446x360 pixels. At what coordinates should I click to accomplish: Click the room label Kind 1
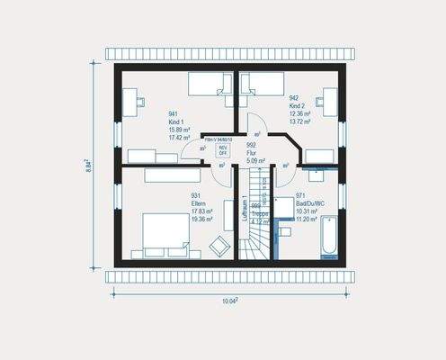pos(175,121)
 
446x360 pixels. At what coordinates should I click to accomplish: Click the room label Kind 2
pos(298,105)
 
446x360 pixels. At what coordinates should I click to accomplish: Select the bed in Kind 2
pos(261,85)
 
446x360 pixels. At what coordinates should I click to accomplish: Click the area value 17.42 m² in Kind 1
pos(182,139)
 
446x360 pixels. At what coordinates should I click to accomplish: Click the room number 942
pos(294,97)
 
